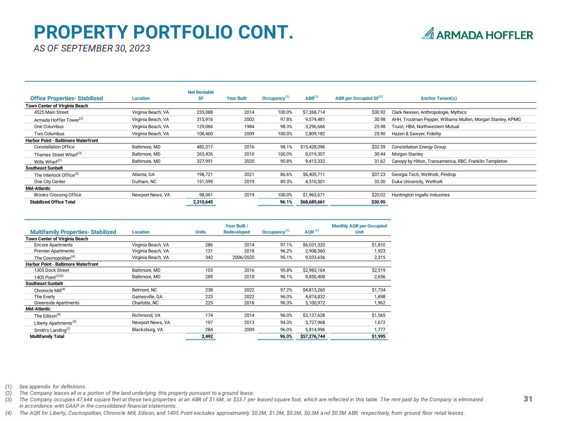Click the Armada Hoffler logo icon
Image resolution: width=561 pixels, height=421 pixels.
[428, 33]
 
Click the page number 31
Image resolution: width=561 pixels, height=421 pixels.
[528, 399]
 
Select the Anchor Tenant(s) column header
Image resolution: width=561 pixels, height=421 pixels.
[439, 98]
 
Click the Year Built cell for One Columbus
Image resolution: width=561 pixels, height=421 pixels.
[249, 127]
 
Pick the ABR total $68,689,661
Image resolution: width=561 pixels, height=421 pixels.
[312, 202]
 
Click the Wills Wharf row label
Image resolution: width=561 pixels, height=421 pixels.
[45, 162]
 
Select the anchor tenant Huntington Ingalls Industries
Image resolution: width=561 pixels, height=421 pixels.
[420, 195]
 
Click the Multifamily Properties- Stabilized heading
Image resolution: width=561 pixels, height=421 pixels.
[73, 232]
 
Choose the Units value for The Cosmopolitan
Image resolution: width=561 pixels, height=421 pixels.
[209, 257]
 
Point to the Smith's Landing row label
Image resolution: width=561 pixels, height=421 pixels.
[50, 330]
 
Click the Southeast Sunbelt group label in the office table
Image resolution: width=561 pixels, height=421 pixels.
[44, 168]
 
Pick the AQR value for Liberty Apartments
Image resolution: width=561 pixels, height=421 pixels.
[315, 322]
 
